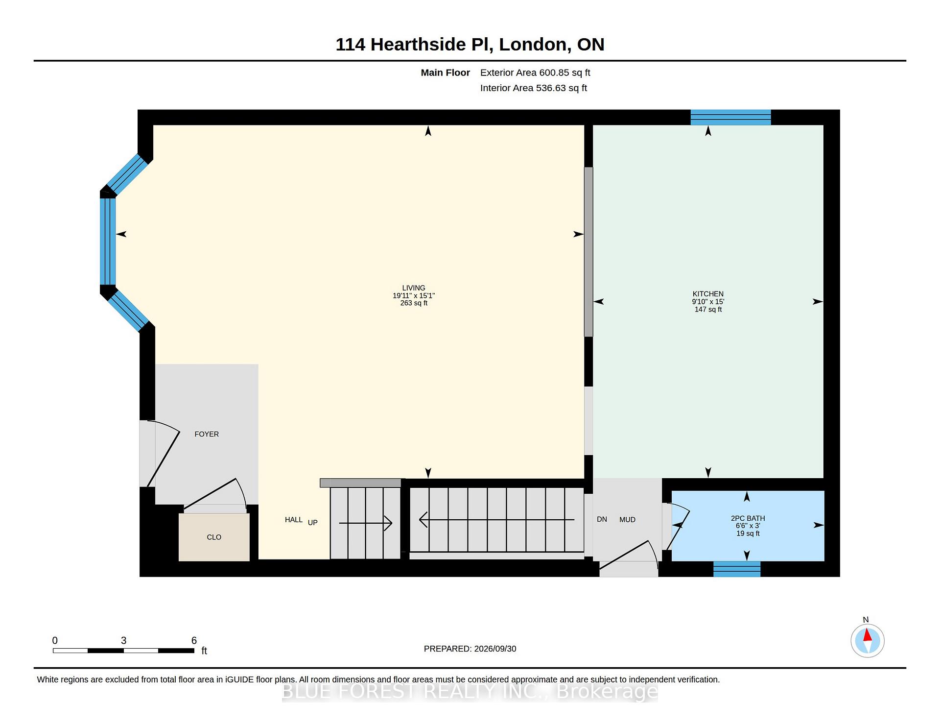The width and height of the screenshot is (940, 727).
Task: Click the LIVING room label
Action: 414,288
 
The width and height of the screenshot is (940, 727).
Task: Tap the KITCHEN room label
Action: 708,294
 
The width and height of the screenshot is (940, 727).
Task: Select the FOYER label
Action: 207,434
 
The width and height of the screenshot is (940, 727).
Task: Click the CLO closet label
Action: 214,537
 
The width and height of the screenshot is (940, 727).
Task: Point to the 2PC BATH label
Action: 748,518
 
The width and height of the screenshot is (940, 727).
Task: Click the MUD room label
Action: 627,520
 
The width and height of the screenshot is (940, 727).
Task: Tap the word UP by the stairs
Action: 313,523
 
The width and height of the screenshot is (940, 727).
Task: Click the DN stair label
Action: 602,519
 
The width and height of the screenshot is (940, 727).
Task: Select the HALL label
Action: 294,520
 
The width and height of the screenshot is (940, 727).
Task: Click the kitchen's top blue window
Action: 730,118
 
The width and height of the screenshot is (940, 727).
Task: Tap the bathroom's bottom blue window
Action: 737,569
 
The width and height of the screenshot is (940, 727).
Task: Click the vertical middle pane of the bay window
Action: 108,242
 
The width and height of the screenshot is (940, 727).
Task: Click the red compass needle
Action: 867,635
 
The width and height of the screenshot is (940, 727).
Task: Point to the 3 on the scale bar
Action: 124,641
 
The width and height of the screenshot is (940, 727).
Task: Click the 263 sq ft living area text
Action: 414,303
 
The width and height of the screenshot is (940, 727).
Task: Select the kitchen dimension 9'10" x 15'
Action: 708,302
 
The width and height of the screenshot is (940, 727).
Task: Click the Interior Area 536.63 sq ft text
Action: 534,88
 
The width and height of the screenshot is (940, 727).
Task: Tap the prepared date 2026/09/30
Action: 495,649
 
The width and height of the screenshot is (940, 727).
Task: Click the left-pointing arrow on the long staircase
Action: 496,520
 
